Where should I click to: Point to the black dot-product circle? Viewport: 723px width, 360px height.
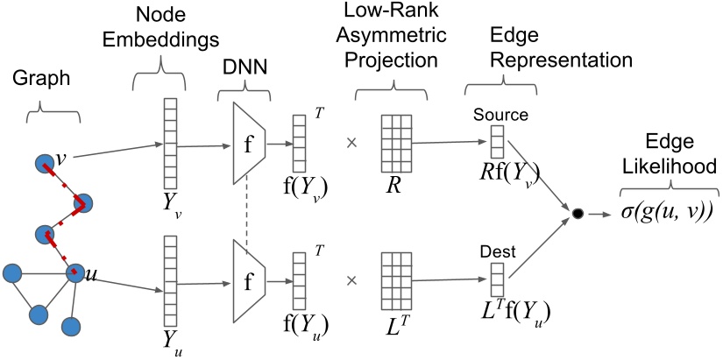577,214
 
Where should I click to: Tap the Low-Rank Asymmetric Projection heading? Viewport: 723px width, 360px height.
397,43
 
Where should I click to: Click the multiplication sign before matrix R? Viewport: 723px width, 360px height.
352,141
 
